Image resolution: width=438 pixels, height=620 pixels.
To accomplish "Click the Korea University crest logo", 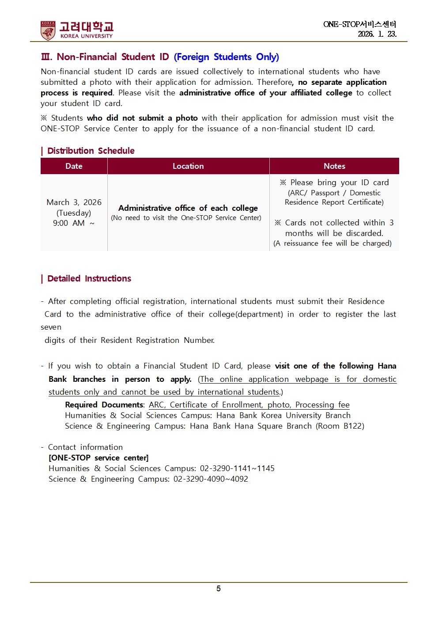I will coord(48,30).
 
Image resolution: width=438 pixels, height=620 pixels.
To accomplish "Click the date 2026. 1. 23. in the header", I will coord(377,34).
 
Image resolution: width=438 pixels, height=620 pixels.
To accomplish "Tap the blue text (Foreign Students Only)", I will coord(226,57).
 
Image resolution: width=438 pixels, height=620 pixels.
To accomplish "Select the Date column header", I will coord(74,166).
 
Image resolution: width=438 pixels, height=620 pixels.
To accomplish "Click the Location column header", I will coord(188,166).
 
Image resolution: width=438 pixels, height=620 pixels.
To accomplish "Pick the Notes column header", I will coord(334,166).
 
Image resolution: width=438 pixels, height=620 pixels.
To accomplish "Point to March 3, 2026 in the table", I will coord(74,202).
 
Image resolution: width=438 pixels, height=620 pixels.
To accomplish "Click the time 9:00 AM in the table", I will coord(69,223).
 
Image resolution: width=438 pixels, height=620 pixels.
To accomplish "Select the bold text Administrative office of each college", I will coord(188,208).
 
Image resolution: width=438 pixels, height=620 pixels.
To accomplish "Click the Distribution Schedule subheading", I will coord(91,151).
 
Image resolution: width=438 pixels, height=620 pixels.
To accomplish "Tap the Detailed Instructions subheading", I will coord(89,278).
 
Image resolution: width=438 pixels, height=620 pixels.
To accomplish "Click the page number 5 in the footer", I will coord(219,589).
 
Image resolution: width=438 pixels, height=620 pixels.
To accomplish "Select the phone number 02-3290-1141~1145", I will coord(237,468).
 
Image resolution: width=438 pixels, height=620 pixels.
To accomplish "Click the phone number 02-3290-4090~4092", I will coord(211,479).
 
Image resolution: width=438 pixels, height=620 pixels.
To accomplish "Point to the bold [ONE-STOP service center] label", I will coord(98,458).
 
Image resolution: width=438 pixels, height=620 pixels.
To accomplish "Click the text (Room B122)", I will coord(340,426).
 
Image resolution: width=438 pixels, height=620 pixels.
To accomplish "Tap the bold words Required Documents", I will coord(104,405).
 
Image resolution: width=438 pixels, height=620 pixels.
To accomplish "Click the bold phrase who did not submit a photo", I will coord(142,118).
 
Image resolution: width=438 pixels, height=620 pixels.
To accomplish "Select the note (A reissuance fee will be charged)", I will coord(332,243).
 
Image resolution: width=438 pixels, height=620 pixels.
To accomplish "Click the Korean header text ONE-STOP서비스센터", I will coord(359,24).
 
